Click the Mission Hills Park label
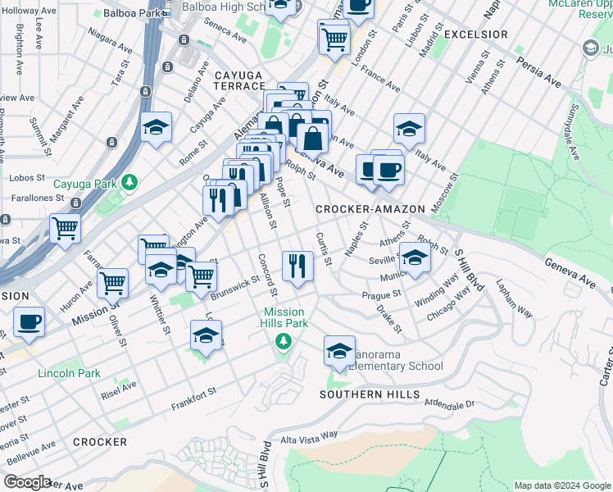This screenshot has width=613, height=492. [x=284, y=318]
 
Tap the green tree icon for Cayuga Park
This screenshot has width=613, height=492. [x=129, y=181]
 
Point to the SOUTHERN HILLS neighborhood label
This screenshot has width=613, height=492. [x=370, y=394]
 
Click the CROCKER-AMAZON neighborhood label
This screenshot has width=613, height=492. [x=369, y=210]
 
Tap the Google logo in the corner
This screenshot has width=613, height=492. [x=28, y=482]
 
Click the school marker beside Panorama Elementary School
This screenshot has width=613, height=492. [x=339, y=351]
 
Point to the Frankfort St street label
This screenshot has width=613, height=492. [x=193, y=399]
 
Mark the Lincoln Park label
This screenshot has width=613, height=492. [x=69, y=373]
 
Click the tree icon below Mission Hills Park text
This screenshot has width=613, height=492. [x=284, y=339]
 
